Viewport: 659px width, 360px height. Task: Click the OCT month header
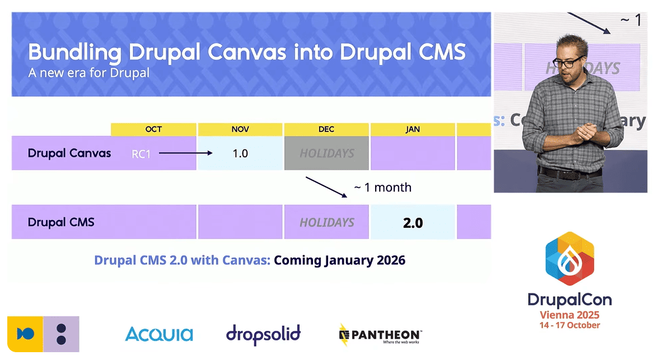[x=153, y=129]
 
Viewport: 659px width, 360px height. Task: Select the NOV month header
[x=240, y=129]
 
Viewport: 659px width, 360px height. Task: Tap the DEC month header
[x=326, y=129]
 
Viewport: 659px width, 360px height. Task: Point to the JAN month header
[x=413, y=129]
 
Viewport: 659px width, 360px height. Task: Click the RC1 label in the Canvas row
[x=141, y=153]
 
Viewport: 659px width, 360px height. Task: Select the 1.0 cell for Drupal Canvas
[x=240, y=153]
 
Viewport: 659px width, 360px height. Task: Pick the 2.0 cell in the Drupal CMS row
[x=413, y=222]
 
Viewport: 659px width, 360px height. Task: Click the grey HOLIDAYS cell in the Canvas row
[x=326, y=153]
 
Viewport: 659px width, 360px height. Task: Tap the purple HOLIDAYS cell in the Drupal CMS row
[x=326, y=222]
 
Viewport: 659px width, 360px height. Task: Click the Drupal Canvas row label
[x=69, y=153]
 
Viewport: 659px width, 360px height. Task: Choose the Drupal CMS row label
[x=61, y=222]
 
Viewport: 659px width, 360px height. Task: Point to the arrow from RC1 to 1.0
[x=185, y=153]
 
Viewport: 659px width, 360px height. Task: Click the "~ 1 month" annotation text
[x=382, y=188]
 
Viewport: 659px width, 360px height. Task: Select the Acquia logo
[x=159, y=334]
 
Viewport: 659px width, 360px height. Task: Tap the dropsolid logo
[x=263, y=334]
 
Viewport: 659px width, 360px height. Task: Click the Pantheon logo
[x=380, y=334]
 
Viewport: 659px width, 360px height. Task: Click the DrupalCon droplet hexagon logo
[x=569, y=259]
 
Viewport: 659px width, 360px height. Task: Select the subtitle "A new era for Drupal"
[x=88, y=73]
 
